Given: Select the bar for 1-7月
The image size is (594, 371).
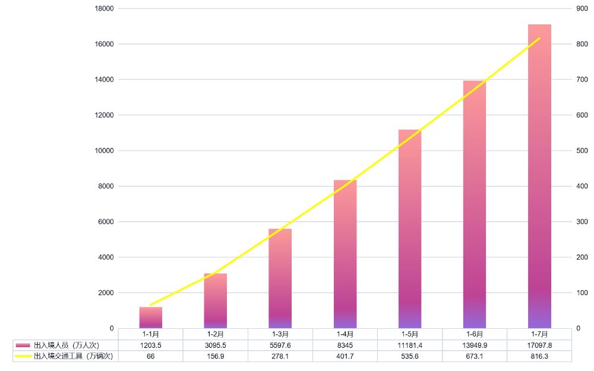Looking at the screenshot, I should point(539,178).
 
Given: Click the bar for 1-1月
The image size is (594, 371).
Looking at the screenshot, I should point(151,317).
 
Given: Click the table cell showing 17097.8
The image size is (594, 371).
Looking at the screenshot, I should point(539,345).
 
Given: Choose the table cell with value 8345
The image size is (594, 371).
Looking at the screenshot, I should point(345,345).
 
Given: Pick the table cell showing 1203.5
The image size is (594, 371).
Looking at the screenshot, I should point(151,345).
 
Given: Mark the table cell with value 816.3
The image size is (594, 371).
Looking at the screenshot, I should point(539,356).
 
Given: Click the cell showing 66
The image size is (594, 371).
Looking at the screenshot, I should point(151,356).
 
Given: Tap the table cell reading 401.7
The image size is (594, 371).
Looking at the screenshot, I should point(345,356).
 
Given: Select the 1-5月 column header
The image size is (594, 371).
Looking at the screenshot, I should point(410,334).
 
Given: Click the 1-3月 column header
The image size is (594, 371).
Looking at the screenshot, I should point(280,334).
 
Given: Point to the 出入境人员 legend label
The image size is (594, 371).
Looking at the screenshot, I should point(66,345).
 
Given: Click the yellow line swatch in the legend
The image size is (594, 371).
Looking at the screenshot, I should point(23,356).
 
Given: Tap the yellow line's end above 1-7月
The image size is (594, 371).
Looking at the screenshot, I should point(539,38).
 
